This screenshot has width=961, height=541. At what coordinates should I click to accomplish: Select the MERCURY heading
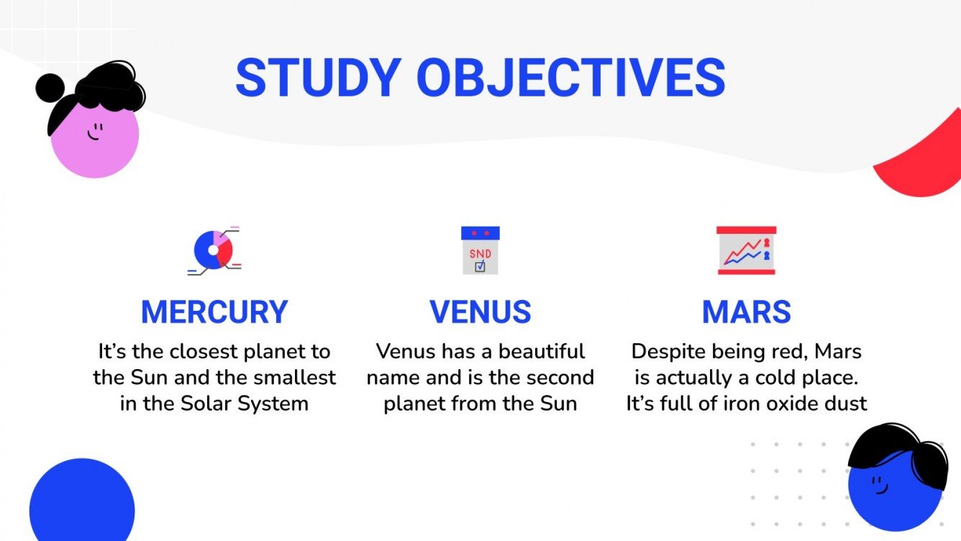coord(214,312)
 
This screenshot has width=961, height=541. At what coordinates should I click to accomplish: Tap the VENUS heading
coord(480,312)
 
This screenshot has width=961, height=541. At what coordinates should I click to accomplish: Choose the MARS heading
coord(746,312)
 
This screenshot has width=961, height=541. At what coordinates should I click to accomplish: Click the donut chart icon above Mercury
coord(214,250)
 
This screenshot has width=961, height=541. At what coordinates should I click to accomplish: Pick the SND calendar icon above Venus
coord(480,250)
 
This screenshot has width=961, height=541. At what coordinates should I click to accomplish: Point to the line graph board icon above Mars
coord(746,250)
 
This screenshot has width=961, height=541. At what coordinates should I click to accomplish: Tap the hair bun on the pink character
coord(50,87)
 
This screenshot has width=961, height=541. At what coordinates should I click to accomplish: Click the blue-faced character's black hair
coord(899,450)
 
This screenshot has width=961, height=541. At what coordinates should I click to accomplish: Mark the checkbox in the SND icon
coord(480,266)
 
